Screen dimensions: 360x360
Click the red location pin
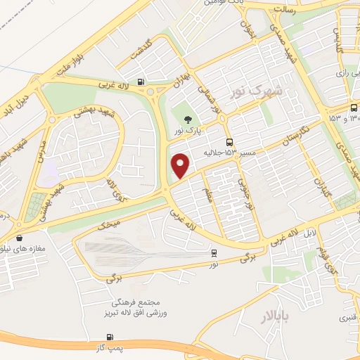(181, 165)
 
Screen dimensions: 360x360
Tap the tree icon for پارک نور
(187, 120)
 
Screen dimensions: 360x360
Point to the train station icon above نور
(214, 252)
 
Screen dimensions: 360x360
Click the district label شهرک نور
(259, 91)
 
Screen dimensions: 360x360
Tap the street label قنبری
(347, 316)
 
